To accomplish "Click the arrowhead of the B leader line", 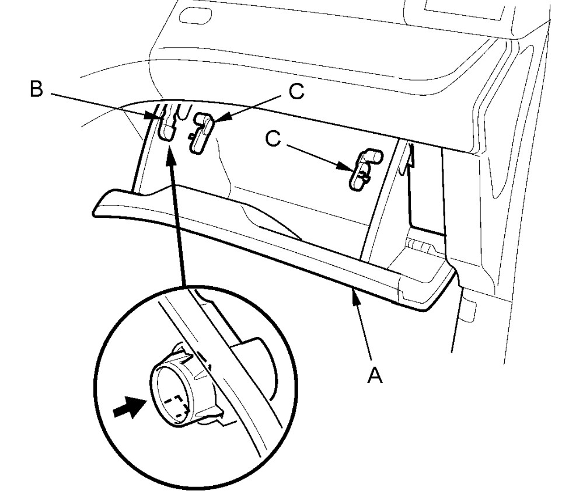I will click(156, 116).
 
